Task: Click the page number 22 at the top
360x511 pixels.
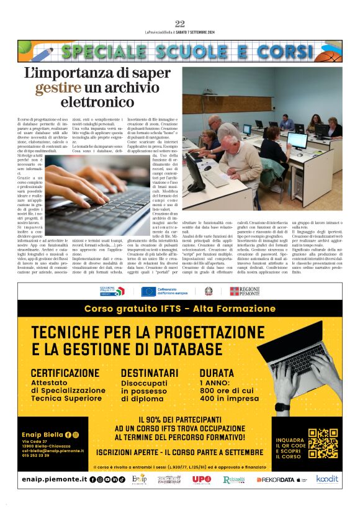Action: [180, 24]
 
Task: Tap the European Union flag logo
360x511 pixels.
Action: [148, 291]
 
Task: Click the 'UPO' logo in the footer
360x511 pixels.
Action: [202, 479]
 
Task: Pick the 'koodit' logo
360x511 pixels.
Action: [326, 479]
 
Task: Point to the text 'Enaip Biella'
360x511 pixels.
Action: [47, 435]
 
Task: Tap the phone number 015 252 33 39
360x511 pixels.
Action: [45, 455]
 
